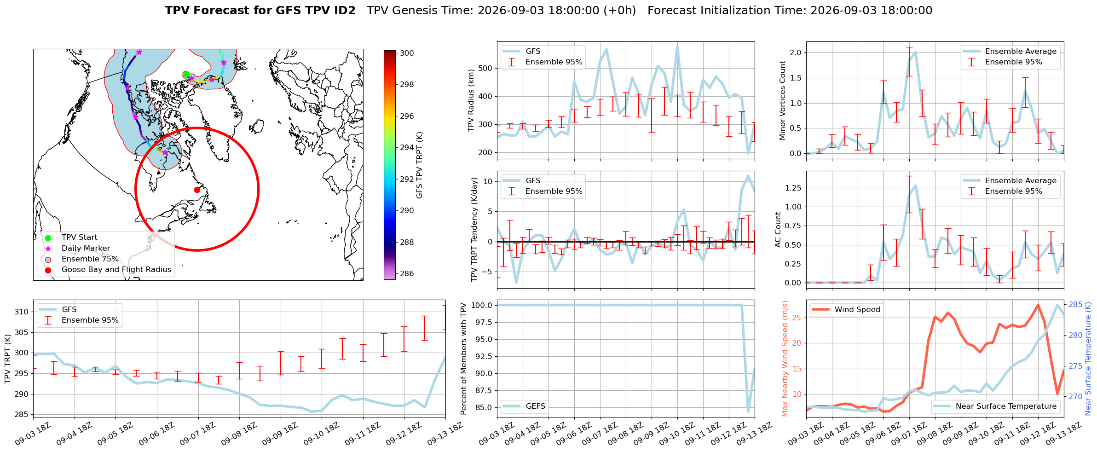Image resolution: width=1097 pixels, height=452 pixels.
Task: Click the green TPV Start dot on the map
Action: (x=186, y=75)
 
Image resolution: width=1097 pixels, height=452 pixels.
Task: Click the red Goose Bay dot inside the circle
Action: (x=197, y=190)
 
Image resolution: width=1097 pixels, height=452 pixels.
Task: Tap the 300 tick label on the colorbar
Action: (x=407, y=53)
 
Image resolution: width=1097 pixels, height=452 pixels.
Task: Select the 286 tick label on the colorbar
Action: (x=407, y=273)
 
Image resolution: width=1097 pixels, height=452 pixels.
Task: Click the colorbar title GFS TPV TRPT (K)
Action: (x=419, y=165)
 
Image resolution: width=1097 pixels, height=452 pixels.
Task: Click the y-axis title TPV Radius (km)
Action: (x=471, y=100)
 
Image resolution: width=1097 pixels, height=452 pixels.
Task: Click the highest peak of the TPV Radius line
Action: (x=677, y=46)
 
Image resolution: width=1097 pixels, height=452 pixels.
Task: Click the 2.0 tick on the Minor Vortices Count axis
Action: (x=795, y=53)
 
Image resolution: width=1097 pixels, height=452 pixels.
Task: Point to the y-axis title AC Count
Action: (x=778, y=230)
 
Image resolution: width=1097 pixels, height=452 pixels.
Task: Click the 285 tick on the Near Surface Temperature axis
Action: (x=1075, y=305)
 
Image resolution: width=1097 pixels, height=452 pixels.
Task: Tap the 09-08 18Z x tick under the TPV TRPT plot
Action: (x=239, y=434)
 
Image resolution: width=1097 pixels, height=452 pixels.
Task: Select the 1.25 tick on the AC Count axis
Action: (x=792, y=188)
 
